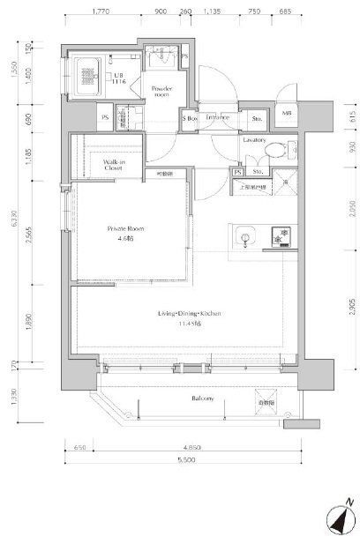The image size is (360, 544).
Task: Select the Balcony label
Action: pos(202,399)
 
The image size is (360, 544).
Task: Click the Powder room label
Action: pos(161,92)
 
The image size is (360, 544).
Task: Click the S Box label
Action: pos(189,117)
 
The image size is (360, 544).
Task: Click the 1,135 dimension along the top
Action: pos(212,13)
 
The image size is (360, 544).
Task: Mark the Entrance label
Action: pos(217,117)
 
